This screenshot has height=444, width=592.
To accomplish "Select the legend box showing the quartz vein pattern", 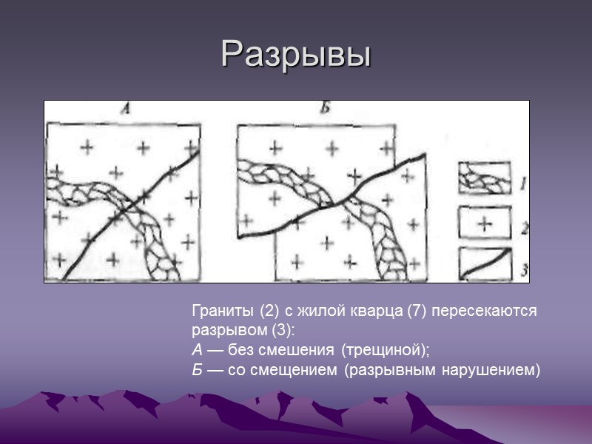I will point(484,178).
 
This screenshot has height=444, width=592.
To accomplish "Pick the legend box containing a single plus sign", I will point(484,222).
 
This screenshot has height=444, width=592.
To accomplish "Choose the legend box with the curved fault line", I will point(484,264).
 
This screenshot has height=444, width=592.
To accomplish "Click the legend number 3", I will point(524,272).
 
